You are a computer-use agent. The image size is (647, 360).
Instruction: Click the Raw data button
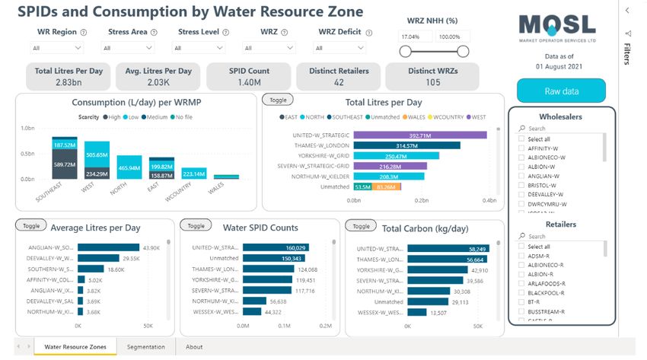pos(561,91)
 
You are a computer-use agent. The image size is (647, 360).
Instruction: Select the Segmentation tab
pos(146,347)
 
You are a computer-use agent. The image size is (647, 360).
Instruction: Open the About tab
pos(194,347)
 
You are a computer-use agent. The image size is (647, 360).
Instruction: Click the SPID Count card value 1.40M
pos(248,82)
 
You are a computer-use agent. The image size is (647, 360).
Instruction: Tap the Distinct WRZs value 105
pos(432,82)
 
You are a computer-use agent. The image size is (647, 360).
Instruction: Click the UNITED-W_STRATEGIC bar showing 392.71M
pos(420,135)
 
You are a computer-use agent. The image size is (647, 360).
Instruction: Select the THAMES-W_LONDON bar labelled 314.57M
pos(407,145)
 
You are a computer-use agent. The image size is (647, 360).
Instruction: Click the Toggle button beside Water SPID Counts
pos(196,226)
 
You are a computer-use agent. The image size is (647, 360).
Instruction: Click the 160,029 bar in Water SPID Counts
pos(275,247)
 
